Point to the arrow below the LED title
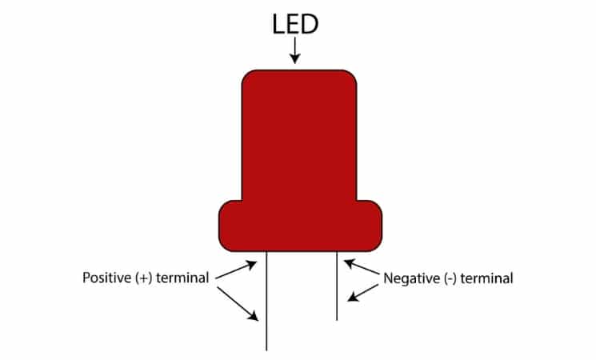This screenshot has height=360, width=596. click(x=296, y=51)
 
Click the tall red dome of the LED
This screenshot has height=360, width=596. click(x=299, y=136)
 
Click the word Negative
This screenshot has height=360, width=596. click(x=413, y=279)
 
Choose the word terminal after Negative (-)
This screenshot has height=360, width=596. click(x=490, y=279)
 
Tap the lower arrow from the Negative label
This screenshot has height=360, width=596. click(x=363, y=291)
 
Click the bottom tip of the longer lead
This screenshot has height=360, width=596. click(x=266, y=349)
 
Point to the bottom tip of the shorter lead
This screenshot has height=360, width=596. click(x=337, y=318)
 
